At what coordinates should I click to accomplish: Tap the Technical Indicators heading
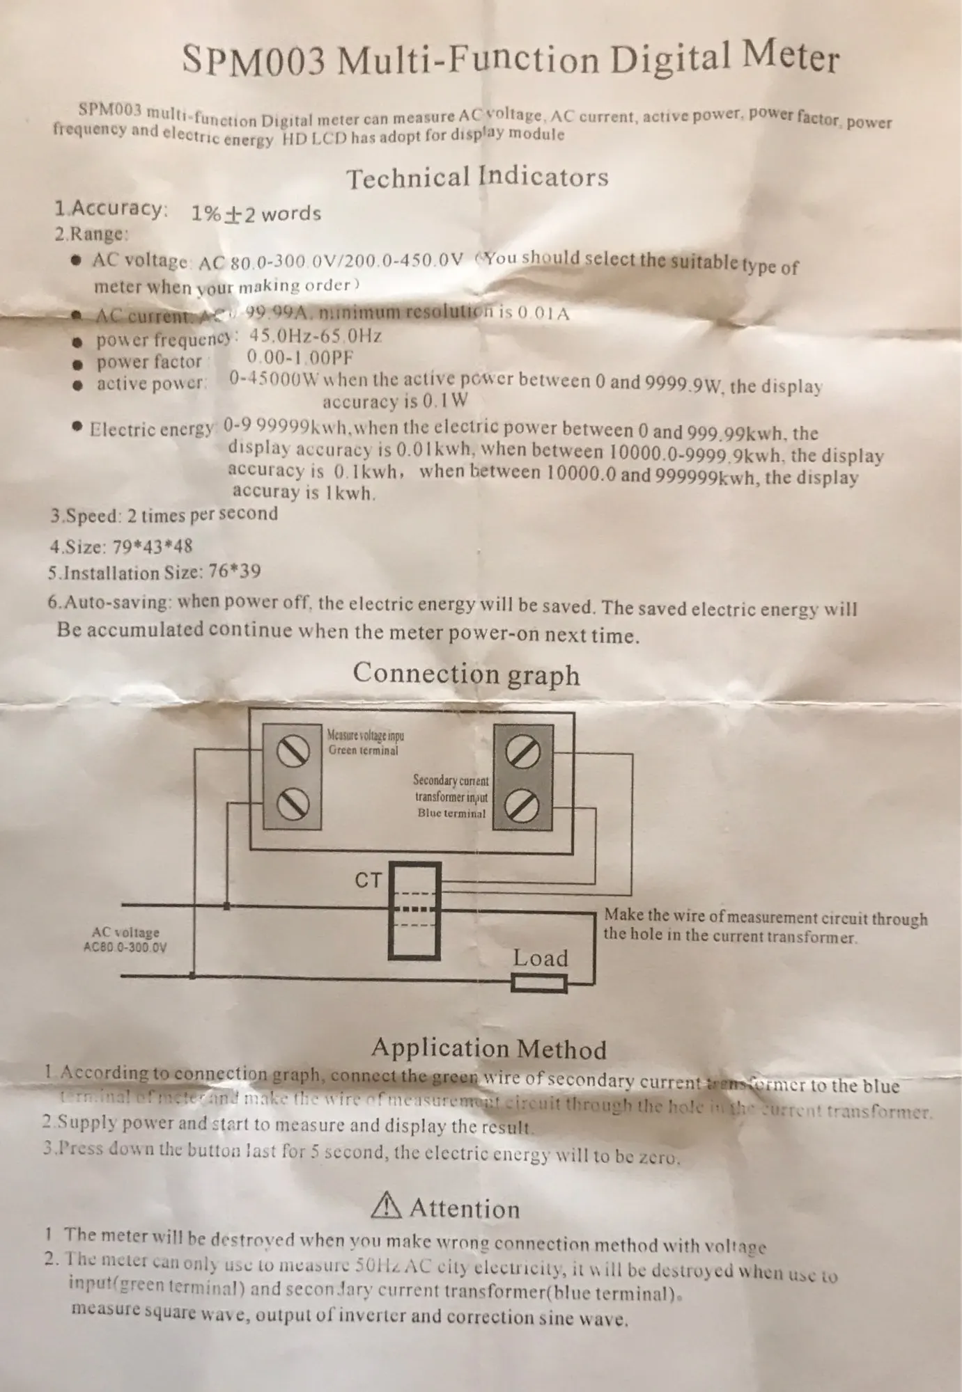click(x=477, y=177)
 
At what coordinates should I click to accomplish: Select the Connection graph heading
click(x=466, y=673)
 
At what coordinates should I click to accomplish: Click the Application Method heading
click(x=488, y=1048)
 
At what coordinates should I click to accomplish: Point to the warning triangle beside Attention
click(x=387, y=1208)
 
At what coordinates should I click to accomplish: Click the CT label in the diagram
click(x=368, y=880)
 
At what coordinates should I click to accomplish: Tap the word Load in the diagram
click(x=541, y=958)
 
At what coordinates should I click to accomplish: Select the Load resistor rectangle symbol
click(x=540, y=983)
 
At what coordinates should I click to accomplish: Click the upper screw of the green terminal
click(x=293, y=750)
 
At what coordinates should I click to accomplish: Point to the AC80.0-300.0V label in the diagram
click(x=125, y=947)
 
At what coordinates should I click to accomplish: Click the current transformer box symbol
click(x=414, y=910)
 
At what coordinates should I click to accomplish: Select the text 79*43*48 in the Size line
click(x=152, y=546)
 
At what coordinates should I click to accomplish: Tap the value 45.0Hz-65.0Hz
click(x=316, y=335)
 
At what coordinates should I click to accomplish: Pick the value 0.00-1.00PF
click(x=300, y=358)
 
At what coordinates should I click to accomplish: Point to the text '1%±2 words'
click(x=256, y=213)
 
